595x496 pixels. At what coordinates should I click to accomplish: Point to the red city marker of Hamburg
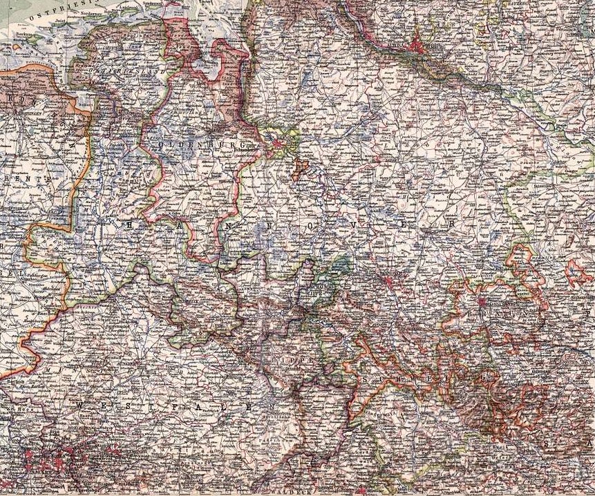click(x=416, y=47)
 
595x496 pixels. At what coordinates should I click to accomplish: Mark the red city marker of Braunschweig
click(x=482, y=301)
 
